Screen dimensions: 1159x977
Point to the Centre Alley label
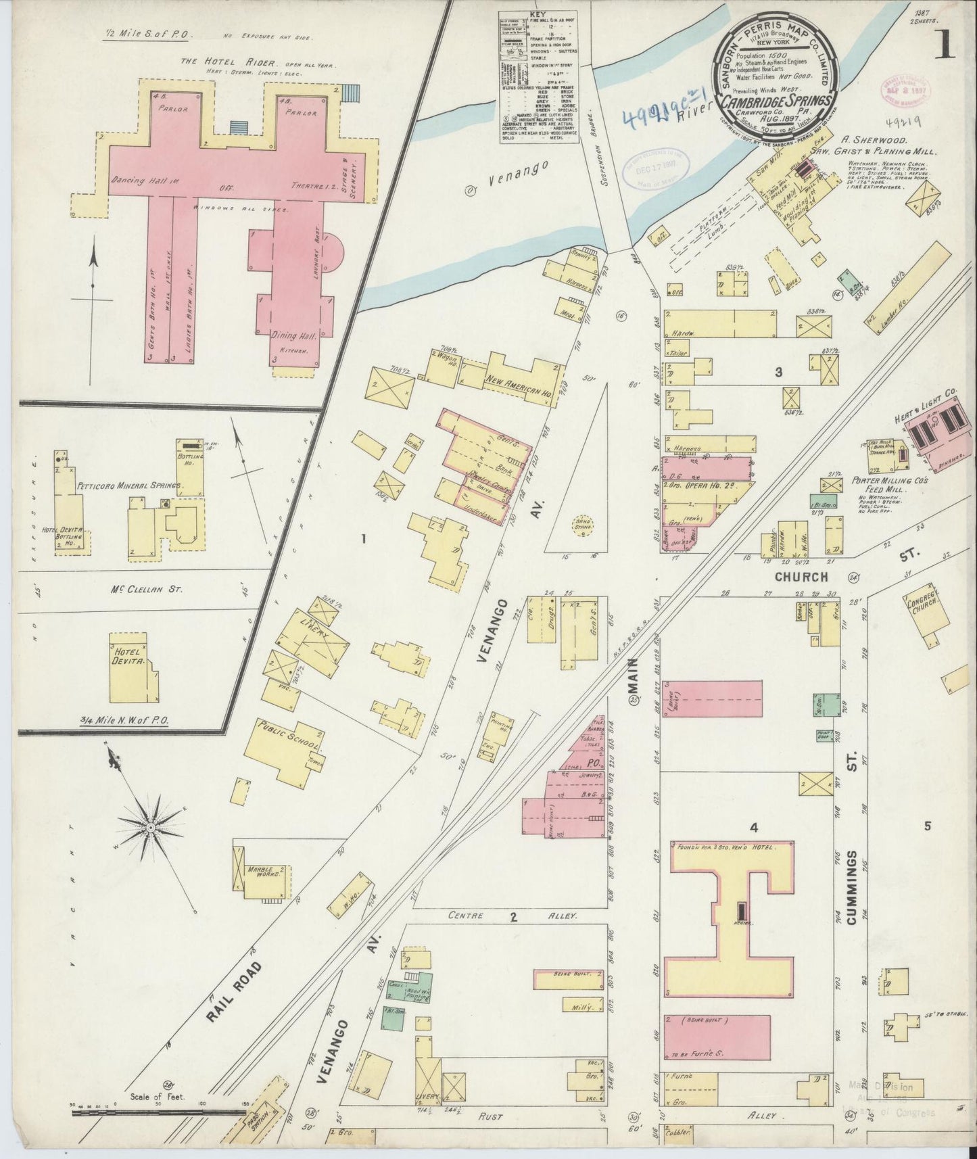click(x=514, y=916)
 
